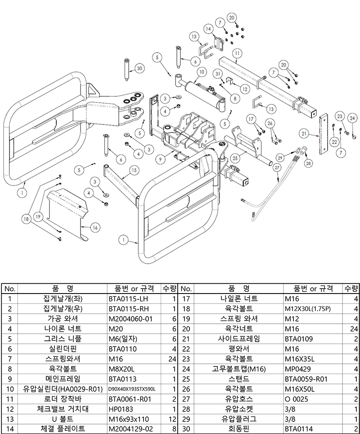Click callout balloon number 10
click(x=201, y=72)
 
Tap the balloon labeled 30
click(x=139, y=68)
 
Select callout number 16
click(x=95, y=228)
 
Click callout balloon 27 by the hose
click(x=277, y=167)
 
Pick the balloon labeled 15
click(x=134, y=170)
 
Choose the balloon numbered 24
click(x=353, y=118)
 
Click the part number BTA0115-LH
click(x=128, y=298)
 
